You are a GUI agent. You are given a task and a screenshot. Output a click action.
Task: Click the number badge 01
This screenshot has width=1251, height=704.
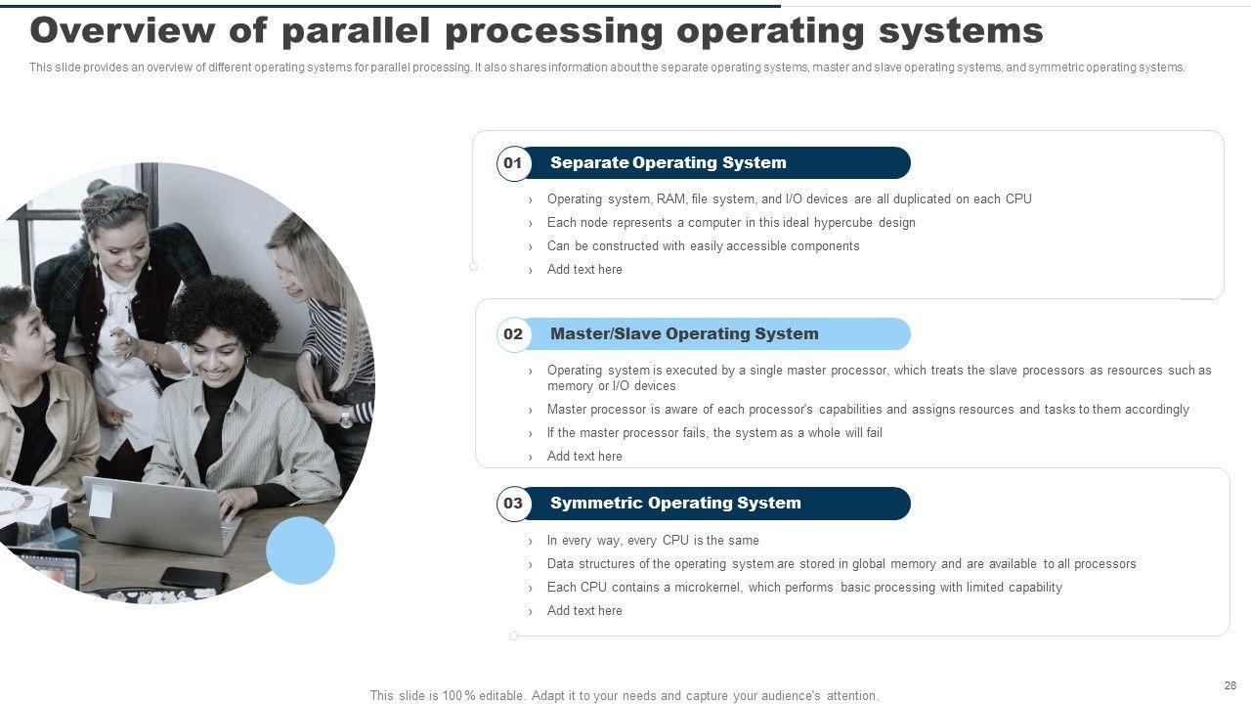coord(513,163)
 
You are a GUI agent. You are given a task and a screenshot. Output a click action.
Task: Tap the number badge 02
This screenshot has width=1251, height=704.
coord(513,334)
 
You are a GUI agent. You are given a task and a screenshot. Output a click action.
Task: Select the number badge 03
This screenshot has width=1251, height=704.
coord(513,504)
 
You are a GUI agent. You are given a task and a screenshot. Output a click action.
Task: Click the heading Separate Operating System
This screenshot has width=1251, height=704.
coord(668,162)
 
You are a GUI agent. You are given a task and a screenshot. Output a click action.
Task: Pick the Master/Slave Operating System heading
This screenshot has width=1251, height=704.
coord(684,333)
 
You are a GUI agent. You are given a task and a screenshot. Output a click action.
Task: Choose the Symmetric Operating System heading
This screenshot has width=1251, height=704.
coord(675,503)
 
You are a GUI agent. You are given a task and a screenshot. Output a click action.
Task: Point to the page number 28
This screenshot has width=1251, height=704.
coord(1229,685)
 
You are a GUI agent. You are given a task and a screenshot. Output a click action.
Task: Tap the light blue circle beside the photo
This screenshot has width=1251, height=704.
coord(300,550)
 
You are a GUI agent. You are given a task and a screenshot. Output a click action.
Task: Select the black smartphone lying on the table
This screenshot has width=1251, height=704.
coord(194,579)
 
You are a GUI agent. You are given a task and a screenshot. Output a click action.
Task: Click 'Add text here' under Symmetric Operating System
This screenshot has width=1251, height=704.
coord(584,611)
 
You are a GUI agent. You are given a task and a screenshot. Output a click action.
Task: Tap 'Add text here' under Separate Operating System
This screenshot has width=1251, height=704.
coord(584,269)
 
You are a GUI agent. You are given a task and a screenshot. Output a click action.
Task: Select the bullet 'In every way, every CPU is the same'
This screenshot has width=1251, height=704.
coord(653,541)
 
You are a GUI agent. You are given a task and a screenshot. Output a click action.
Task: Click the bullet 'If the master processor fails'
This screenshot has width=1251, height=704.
coord(714,433)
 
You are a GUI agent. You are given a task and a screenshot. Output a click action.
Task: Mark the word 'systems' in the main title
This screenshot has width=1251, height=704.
coord(961,31)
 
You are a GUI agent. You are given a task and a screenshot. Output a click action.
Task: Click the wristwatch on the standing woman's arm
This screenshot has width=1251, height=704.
coord(346,416)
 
